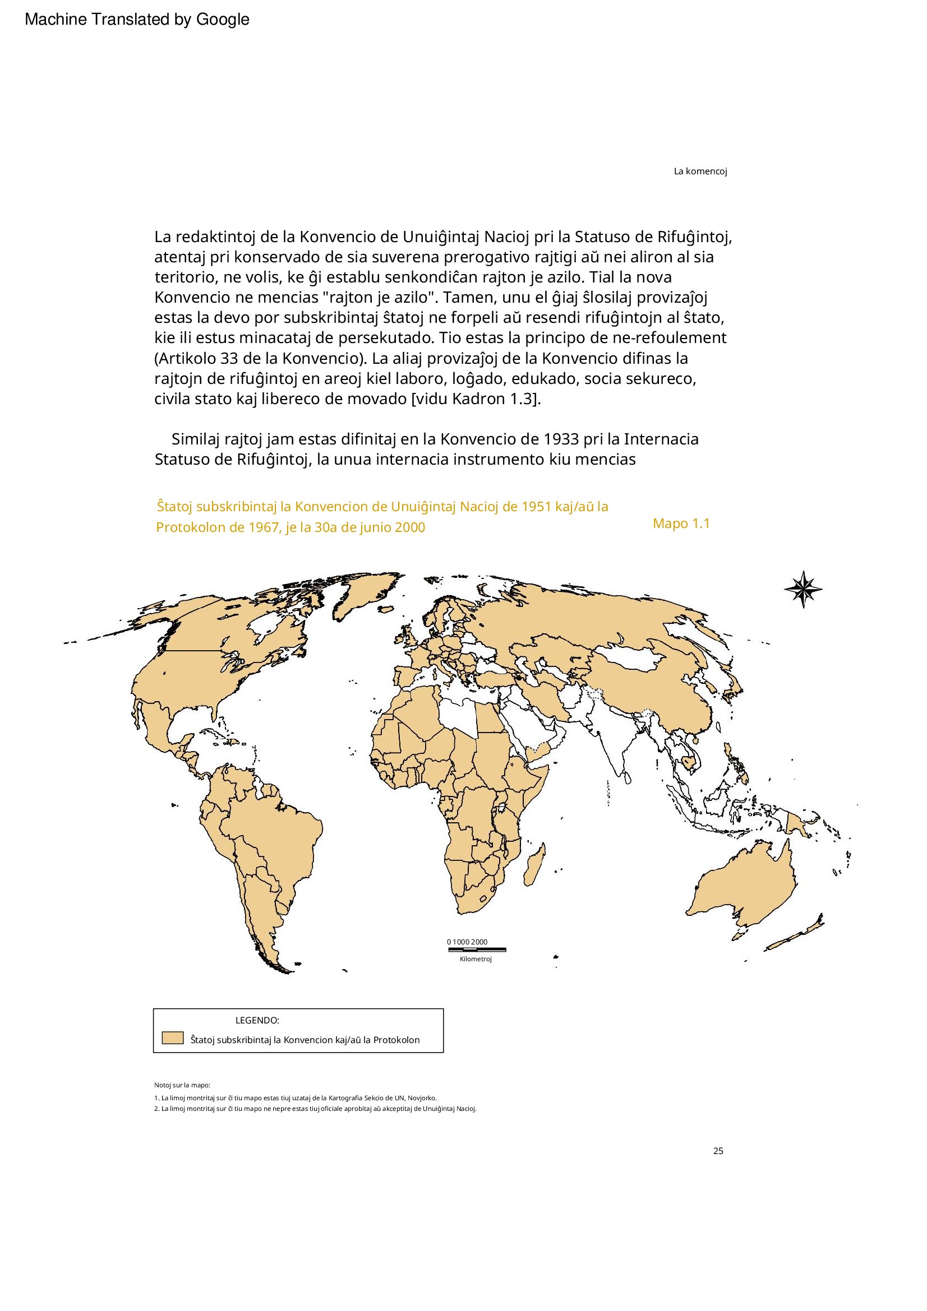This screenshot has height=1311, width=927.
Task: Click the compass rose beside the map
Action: pos(803,589)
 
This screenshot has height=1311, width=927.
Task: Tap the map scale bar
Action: pos(476,949)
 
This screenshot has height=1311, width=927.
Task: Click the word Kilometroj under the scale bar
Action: pos(475,958)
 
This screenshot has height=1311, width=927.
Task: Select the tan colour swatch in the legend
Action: pos(172,1037)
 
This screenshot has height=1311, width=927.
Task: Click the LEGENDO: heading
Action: pos(257,1020)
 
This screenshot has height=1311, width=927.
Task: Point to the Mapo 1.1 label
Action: pos(681,524)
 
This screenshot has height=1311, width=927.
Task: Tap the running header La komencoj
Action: pos(700,172)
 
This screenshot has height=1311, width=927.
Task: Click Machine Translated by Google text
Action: pos(137,20)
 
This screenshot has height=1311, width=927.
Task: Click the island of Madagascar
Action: pos(535,865)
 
